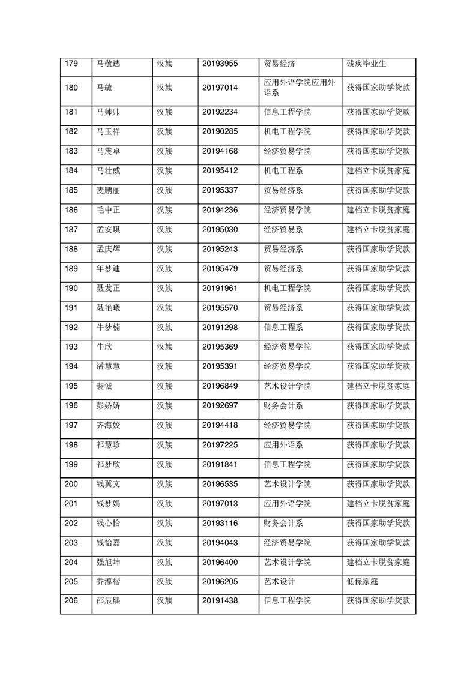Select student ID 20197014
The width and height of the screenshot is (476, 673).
220,88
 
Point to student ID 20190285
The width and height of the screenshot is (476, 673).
220,131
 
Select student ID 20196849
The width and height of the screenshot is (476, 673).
220,386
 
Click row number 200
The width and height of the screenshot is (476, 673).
71,484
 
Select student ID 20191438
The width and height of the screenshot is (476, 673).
220,601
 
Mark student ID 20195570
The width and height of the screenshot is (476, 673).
220,308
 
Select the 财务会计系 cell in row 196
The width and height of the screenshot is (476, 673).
283,405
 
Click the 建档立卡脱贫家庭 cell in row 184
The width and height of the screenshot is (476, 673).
378,170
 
